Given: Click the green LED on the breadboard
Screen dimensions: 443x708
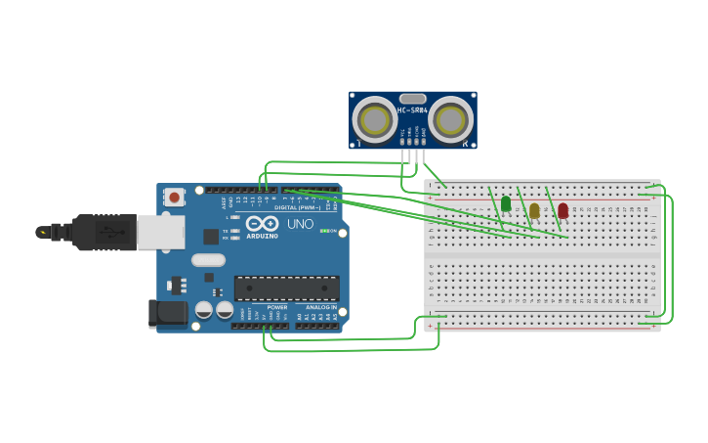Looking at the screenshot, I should pos(506,203).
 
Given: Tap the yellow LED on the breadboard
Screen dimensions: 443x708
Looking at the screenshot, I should pos(534,210).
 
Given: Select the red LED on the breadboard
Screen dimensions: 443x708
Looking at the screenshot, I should pos(562,210).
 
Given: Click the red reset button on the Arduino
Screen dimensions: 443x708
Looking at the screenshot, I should pos(174,197).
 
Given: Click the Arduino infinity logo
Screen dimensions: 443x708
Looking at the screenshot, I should pos(262,224).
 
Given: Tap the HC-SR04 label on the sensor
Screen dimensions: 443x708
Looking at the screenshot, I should pos(412,111).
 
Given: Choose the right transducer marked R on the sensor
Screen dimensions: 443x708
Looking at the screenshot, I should pos(450,120).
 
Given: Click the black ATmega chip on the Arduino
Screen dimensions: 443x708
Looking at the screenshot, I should pos(286,288).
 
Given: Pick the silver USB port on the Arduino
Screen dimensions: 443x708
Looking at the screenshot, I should pos(160,232).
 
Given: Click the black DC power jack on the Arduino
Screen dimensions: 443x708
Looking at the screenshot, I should pos(167,313).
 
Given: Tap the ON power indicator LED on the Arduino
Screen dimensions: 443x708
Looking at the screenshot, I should pos(324,231).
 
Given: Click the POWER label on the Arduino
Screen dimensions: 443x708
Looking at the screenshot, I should pos(277,307).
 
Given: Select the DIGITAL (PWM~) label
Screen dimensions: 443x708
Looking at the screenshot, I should pos(298,207).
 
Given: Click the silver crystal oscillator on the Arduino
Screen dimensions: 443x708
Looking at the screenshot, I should pos(208,260).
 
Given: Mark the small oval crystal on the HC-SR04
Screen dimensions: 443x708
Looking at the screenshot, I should pos(413,99).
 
